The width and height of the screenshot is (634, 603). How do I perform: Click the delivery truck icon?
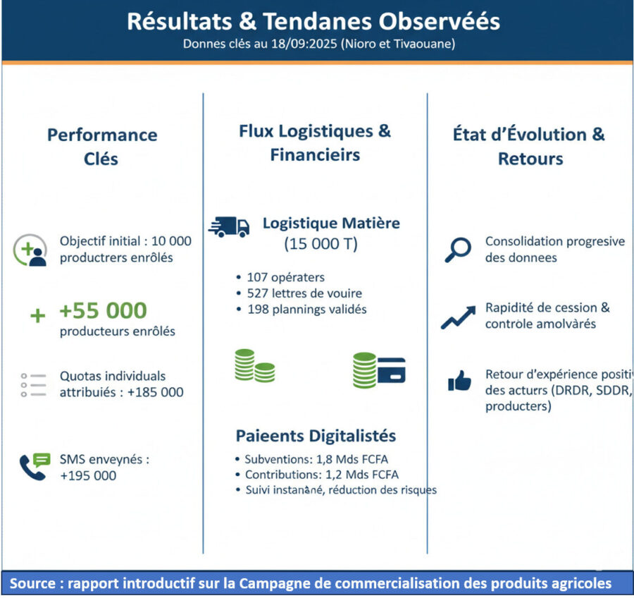click(x=229, y=226)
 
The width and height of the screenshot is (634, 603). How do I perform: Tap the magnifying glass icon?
click(x=458, y=250)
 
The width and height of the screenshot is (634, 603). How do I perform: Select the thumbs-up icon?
click(x=459, y=381)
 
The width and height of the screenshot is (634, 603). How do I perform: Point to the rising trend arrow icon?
click(x=458, y=317)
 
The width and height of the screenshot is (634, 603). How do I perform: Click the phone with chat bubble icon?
click(x=35, y=467)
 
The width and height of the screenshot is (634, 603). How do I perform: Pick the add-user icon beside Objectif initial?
click(x=30, y=250)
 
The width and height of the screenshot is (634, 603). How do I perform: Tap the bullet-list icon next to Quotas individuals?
click(x=34, y=385)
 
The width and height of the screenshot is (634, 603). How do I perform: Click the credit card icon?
click(x=392, y=370)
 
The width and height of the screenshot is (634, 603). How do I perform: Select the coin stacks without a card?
click(x=255, y=365)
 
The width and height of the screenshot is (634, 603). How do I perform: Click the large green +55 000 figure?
click(x=103, y=311)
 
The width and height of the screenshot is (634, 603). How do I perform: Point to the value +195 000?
click(x=88, y=475)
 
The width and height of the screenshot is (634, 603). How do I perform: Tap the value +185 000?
click(x=155, y=392)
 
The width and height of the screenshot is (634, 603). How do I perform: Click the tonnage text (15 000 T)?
click(x=321, y=244)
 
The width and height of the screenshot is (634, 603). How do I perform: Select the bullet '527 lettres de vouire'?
click(x=304, y=293)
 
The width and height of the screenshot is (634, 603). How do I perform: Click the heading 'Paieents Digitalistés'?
click(x=316, y=436)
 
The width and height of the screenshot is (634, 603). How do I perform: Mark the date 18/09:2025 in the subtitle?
click(x=304, y=44)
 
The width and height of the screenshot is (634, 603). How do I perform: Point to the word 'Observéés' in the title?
click(x=439, y=21)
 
